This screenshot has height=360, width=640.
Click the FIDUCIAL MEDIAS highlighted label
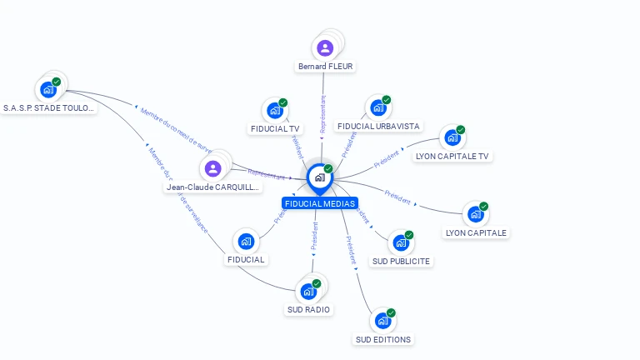coord(320,203)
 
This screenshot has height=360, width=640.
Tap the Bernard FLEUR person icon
coord(325,47)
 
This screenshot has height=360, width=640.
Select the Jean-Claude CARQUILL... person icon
coord(212,168)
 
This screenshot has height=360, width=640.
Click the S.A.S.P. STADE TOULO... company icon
coord(47,89)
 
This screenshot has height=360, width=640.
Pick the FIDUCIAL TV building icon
coord(274,110)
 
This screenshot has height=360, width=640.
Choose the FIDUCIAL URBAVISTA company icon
coord(378,107)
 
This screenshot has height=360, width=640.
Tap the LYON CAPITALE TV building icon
coord(452,137)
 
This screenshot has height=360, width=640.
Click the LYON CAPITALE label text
coord(476,232)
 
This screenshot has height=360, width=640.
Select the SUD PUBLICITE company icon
coord(401,242)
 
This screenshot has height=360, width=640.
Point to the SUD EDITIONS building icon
coord(382,320)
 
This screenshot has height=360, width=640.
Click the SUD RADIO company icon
coord(308,291)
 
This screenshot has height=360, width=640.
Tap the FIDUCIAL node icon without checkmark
coord(246,242)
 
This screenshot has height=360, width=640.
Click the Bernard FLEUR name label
coord(325,67)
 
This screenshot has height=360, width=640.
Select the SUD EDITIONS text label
coord(383,339)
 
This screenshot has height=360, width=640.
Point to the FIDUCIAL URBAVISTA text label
coord(379,127)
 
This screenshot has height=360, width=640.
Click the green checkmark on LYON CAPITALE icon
coord(483,207)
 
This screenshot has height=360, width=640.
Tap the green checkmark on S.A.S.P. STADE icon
coord(56,82)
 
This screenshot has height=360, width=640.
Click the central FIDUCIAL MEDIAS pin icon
coord(319,177)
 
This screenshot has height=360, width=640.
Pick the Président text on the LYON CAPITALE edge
coord(397,197)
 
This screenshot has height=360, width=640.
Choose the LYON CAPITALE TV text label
coord(452,156)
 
